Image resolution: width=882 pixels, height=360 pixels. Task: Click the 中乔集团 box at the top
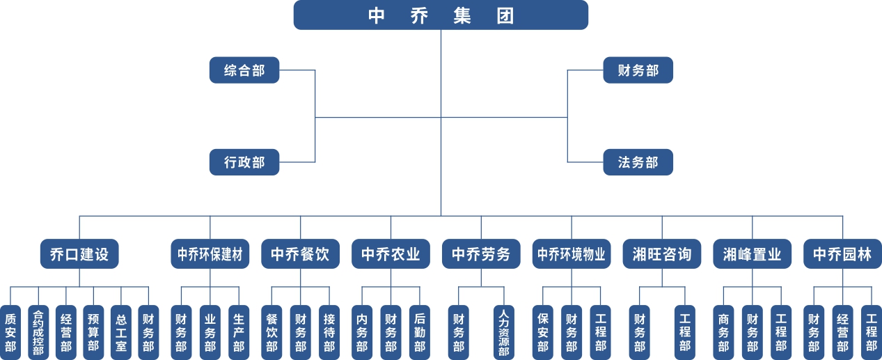(x=441, y=15)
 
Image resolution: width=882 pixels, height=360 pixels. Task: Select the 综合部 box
(x=244, y=70)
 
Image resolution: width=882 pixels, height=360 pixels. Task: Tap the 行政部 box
(x=244, y=162)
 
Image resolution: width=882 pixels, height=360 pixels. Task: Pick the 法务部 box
(x=638, y=162)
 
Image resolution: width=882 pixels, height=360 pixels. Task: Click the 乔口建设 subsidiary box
(x=79, y=254)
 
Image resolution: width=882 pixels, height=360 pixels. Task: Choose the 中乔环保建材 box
(x=210, y=254)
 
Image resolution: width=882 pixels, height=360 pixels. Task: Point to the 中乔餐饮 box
(x=300, y=254)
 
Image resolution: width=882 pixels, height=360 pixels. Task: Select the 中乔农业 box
(x=391, y=254)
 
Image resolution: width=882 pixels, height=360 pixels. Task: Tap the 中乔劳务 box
(x=481, y=254)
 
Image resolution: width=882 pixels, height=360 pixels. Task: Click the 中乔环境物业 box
(x=572, y=254)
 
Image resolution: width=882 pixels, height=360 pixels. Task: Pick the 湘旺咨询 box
(x=662, y=254)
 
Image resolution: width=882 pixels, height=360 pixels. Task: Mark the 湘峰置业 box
(x=752, y=254)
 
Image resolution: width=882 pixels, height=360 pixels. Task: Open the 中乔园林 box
(x=842, y=254)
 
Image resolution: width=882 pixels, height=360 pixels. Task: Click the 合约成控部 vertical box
(x=38, y=332)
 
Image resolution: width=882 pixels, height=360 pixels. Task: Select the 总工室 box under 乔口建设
(x=121, y=332)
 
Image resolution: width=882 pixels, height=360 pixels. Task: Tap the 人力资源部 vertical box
(x=504, y=332)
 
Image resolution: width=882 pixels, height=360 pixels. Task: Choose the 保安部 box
(x=543, y=332)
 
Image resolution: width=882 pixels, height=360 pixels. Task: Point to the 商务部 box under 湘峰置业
(x=723, y=332)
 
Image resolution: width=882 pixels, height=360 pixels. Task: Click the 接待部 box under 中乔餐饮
(x=329, y=332)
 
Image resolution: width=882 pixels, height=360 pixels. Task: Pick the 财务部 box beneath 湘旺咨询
(x=640, y=332)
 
